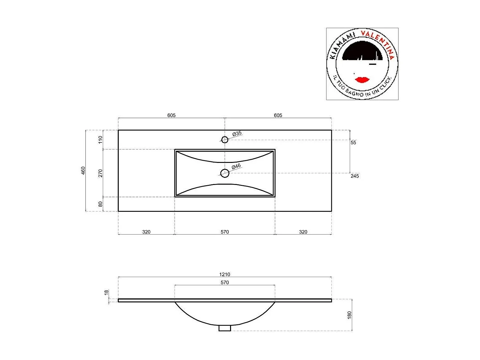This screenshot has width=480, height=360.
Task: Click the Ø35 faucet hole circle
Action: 225,140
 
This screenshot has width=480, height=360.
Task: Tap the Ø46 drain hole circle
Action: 225,173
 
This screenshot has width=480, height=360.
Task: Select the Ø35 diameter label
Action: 237,133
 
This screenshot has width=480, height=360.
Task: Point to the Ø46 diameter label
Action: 236,166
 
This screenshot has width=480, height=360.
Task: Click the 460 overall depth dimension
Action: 83,170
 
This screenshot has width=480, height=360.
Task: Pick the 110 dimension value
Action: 100,140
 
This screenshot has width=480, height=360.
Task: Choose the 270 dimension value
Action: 100,173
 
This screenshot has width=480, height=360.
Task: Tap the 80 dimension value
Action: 100,204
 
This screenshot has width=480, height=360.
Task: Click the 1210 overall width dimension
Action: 225,274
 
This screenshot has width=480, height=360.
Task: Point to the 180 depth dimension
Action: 349,315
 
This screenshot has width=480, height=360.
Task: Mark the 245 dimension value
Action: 355,176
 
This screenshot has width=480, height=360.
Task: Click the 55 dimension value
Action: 353,143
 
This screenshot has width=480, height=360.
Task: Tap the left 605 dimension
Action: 172,115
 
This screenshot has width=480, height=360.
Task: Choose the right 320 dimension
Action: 303,232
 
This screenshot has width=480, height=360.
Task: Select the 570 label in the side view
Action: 225,282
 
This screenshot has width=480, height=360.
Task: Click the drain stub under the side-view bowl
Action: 225,328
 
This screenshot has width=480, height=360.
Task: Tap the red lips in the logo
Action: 362,79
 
